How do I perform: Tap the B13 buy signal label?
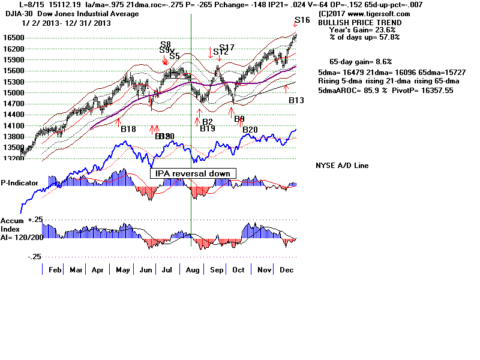click(296, 100)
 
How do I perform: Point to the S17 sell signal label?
click(227, 47)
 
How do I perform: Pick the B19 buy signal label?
click(208, 129)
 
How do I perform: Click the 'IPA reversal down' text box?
click(193, 173)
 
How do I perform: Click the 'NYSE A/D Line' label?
click(342, 166)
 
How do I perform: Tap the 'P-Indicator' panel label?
click(19, 182)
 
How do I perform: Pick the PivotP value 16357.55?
click(432, 89)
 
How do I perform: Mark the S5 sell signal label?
click(175, 56)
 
